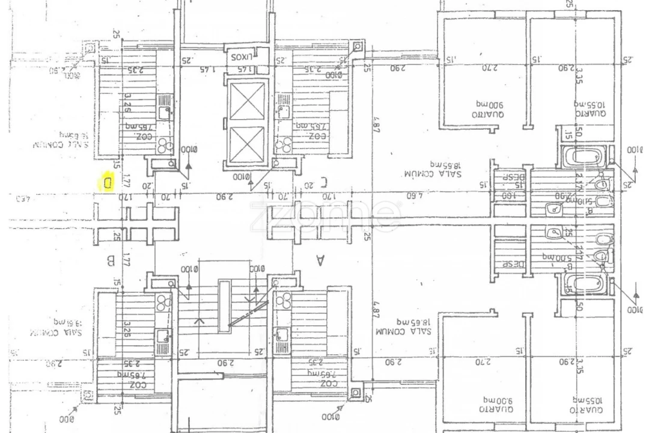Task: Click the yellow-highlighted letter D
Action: [x=107, y=182]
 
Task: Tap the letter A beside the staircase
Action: [x=320, y=260]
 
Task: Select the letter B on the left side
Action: [x=110, y=261]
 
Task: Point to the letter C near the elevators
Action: [x=323, y=180]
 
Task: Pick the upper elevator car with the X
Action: [x=247, y=101]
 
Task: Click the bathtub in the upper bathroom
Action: [x=583, y=158]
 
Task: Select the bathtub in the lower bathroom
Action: [x=583, y=284]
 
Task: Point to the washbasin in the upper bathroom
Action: [x=553, y=209]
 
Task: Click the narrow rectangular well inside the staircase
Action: [x=224, y=306]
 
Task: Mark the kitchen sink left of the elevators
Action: [x=163, y=111]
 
